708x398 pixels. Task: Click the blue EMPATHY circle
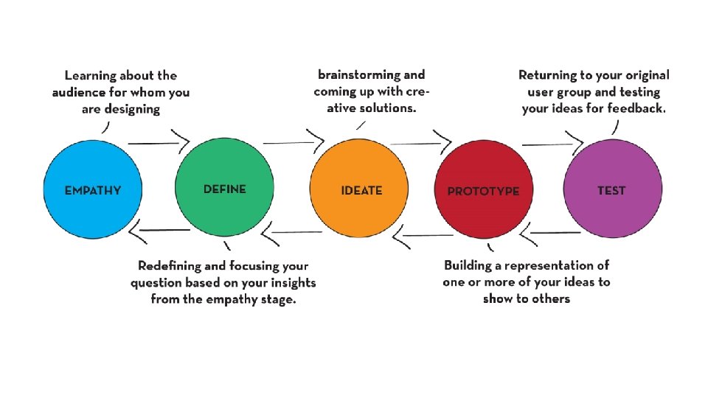92,189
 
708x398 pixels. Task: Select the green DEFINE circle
224,189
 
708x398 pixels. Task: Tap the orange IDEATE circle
360,189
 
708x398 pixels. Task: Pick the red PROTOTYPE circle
483,189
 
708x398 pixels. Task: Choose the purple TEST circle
611,189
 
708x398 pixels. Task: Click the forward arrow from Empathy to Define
159,141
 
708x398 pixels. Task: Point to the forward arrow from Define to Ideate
293,139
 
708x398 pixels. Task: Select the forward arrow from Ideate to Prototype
420,140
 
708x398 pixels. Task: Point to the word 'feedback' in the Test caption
635,108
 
